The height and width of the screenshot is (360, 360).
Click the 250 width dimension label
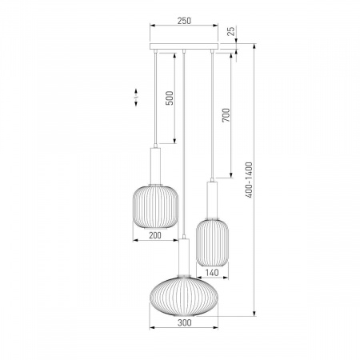pos(184,21)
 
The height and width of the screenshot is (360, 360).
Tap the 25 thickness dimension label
pos(231,31)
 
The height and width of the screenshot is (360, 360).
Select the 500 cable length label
pos(170,98)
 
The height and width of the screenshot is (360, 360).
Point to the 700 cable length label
pos(226,115)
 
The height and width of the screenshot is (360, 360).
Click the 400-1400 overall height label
pos(249,180)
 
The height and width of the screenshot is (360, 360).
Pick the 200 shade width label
pos(155,235)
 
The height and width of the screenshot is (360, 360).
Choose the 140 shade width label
pos(212,273)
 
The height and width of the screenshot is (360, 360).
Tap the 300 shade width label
pos(185,322)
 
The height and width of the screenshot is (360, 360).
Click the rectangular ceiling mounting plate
pos(184,46)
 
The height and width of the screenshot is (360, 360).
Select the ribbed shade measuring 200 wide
pos(155,207)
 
